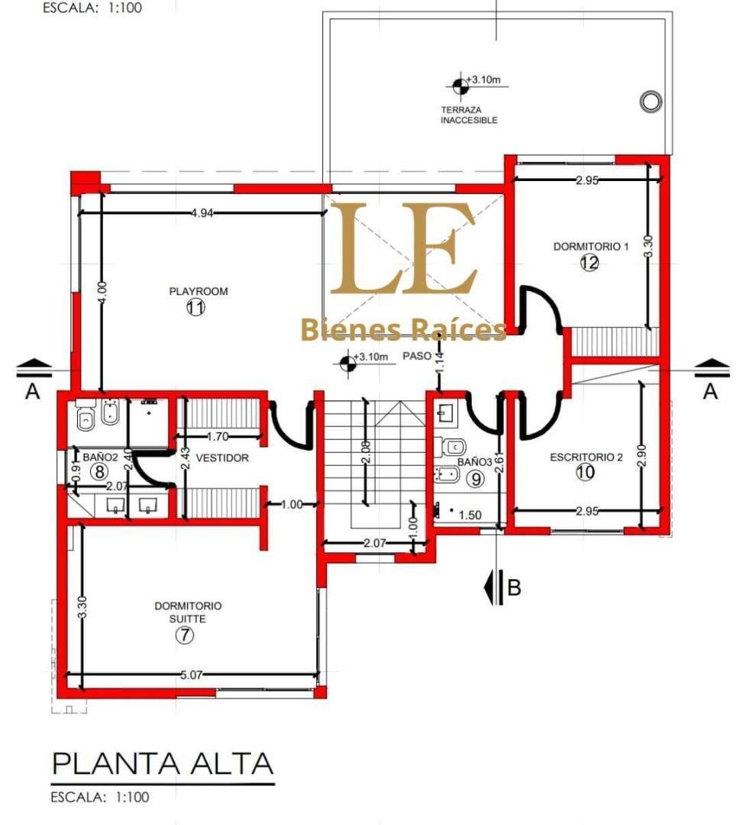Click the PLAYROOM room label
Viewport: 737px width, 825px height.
coord(199,291)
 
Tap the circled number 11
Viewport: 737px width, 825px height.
coord(196,308)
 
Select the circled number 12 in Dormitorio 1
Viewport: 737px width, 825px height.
coord(589,263)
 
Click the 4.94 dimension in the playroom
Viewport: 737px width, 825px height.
coord(202,213)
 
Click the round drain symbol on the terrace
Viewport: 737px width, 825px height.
coord(651,101)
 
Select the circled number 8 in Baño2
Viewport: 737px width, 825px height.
coord(99,471)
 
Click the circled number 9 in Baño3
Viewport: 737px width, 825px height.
coord(475,479)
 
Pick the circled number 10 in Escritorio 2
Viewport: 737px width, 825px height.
coord(585,472)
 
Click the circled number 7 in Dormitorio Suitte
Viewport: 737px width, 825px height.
coord(185,635)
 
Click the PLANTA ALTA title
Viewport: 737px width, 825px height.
coord(162,763)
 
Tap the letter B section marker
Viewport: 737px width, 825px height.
coord(514,587)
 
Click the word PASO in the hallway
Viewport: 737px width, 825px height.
coord(417,356)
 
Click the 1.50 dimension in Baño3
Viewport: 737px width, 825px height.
coord(470,516)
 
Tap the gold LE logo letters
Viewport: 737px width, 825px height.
coord(402,250)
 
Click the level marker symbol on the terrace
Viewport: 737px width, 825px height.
coord(459,86)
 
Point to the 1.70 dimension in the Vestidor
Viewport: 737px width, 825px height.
coord(218,437)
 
